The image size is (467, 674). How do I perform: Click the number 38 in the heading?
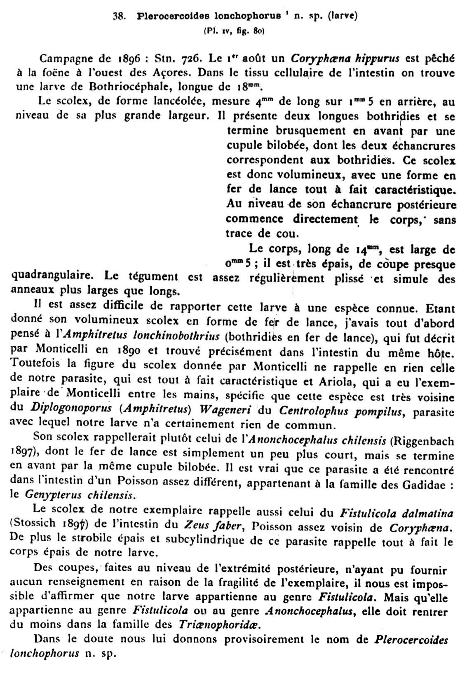click(120, 17)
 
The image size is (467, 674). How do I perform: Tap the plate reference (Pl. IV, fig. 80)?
click(234, 31)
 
